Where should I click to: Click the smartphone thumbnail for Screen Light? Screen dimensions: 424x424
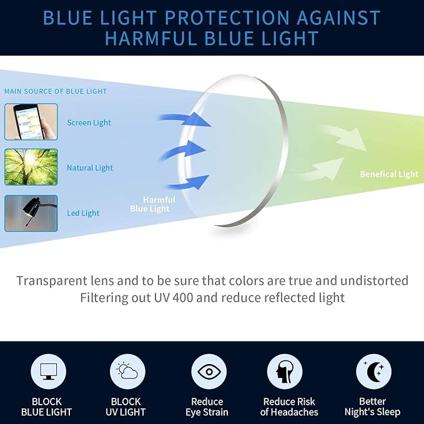pyautogui.click(x=31, y=122)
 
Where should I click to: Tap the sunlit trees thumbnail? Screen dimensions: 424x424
pyautogui.click(x=31, y=167)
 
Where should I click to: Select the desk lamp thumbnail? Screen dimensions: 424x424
pyautogui.click(x=31, y=213)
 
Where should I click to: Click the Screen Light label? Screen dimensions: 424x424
pyautogui.click(x=89, y=123)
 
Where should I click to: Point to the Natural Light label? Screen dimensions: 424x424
pyautogui.click(x=90, y=168)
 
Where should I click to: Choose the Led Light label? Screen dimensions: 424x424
pyautogui.click(x=83, y=214)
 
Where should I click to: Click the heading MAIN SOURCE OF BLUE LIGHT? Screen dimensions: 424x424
pyautogui.click(x=56, y=91)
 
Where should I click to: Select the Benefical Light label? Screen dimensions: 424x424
pyautogui.click(x=389, y=174)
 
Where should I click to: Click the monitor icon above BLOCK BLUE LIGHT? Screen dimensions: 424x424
pyautogui.click(x=48, y=372)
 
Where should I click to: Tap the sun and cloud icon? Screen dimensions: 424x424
pyautogui.click(x=127, y=372)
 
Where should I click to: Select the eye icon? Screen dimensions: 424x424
pyautogui.click(x=207, y=372)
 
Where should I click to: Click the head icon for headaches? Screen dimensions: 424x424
pyautogui.click(x=285, y=372)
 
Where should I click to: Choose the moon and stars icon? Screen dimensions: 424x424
pyautogui.click(x=373, y=372)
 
